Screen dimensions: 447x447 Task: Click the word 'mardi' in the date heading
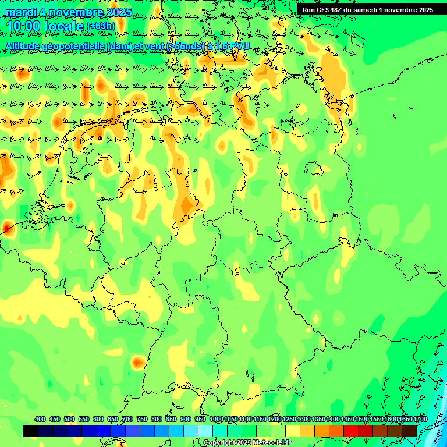tap(20, 12)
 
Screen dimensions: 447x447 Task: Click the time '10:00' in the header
tap(24, 26)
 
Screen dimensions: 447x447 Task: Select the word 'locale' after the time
tap(65, 26)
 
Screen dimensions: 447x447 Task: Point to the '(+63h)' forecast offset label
tap(101, 26)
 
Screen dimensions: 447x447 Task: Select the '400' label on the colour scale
tap(40, 419)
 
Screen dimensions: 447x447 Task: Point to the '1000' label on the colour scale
tap(216, 419)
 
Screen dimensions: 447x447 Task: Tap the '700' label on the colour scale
tap(127, 419)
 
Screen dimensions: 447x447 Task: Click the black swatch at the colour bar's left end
tap(31, 431)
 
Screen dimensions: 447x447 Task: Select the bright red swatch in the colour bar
tap(351, 431)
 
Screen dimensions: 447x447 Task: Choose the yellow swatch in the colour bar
tap(293, 431)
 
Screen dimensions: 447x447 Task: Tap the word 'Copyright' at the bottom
tap(219, 443)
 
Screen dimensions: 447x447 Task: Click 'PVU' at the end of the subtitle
tap(239, 46)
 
